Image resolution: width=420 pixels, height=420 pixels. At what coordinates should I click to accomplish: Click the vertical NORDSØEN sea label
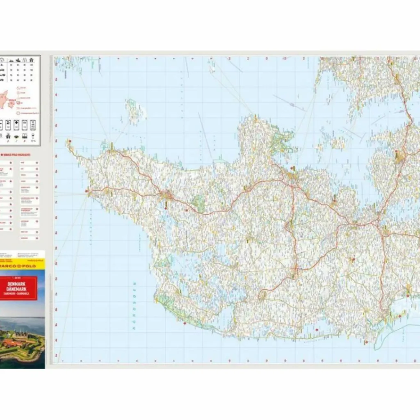pos(133,305)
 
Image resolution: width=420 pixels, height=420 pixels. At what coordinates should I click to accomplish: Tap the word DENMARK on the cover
pos(18,283)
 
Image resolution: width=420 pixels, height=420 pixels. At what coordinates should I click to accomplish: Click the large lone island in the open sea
pos(136,111)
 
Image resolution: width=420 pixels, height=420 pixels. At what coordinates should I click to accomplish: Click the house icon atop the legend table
pos(32,60)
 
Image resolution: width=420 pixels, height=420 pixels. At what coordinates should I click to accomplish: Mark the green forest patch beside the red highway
pos(199,203)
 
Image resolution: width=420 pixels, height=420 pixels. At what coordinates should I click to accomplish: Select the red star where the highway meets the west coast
pos(87,191)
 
